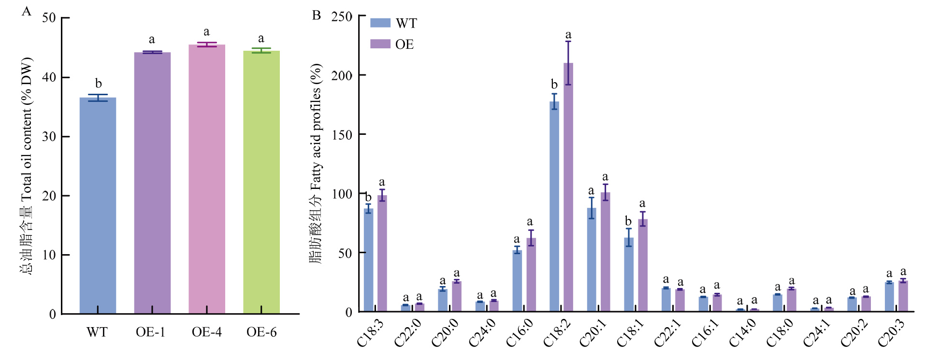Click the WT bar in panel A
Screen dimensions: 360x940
pos(98,205)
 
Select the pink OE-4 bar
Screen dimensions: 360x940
pos(207,179)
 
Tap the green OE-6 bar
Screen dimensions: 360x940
pos(261,182)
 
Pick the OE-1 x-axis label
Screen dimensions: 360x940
pos(150,332)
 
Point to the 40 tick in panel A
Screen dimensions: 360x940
pos(49,77)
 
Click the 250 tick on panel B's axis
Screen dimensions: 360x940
pos(342,16)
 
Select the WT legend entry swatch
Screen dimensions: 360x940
pos(380,23)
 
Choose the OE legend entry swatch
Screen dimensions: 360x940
pos(380,44)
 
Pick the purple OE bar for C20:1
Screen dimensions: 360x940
pos(606,252)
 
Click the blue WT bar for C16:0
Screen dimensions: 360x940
pos(517,280)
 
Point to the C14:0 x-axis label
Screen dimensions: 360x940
pos(742,333)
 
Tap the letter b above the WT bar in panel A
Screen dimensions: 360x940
pos(98,84)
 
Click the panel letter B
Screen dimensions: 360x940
pos(317,15)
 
